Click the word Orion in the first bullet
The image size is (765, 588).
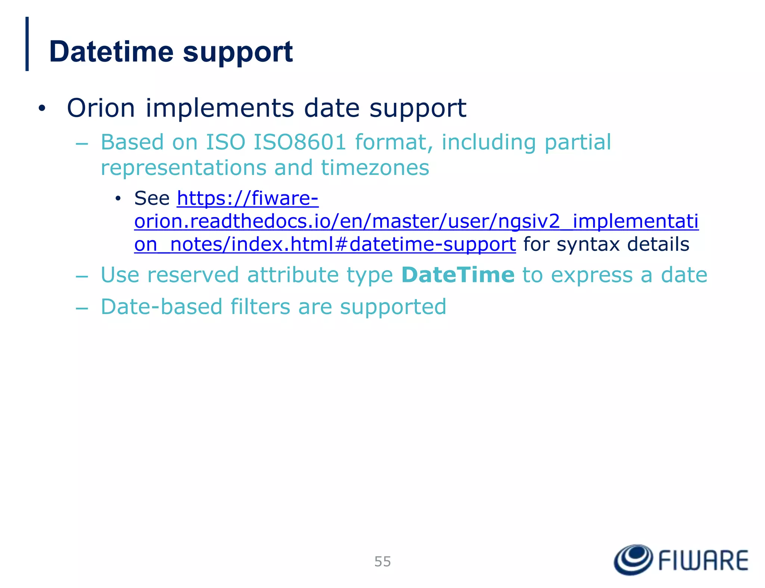(100, 108)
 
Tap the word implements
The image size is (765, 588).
(220, 108)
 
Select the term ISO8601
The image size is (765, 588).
(300, 142)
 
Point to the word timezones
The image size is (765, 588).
(375, 168)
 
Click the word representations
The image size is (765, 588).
(183, 168)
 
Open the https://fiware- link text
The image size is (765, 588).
(247, 198)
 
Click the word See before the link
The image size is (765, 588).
(152, 198)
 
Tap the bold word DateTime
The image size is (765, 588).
(458, 275)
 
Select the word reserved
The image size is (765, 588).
(193, 275)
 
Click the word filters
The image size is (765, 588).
(260, 307)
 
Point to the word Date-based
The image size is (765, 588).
(161, 307)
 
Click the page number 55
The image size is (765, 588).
(382, 561)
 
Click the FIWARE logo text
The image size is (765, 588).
(703, 561)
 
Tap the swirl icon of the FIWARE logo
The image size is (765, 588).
(633, 560)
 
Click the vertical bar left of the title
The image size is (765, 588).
(27, 44)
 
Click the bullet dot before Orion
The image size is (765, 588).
(41, 109)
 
